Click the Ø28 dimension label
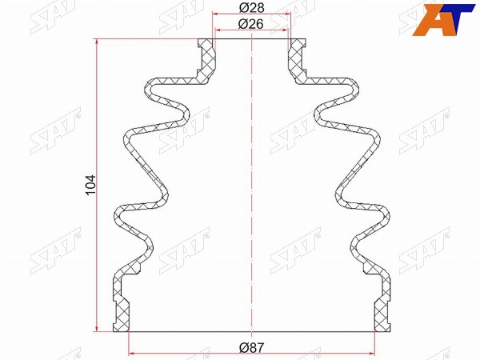point(251,8)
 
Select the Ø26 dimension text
point(250,24)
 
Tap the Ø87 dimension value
point(251,348)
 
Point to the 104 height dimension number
point(91,186)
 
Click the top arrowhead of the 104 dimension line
point(97,43)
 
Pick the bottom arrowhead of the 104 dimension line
point(97,328)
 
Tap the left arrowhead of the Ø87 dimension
point(132,354)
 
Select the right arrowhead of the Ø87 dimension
point(371,354)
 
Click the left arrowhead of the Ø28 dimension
point(216,14)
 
